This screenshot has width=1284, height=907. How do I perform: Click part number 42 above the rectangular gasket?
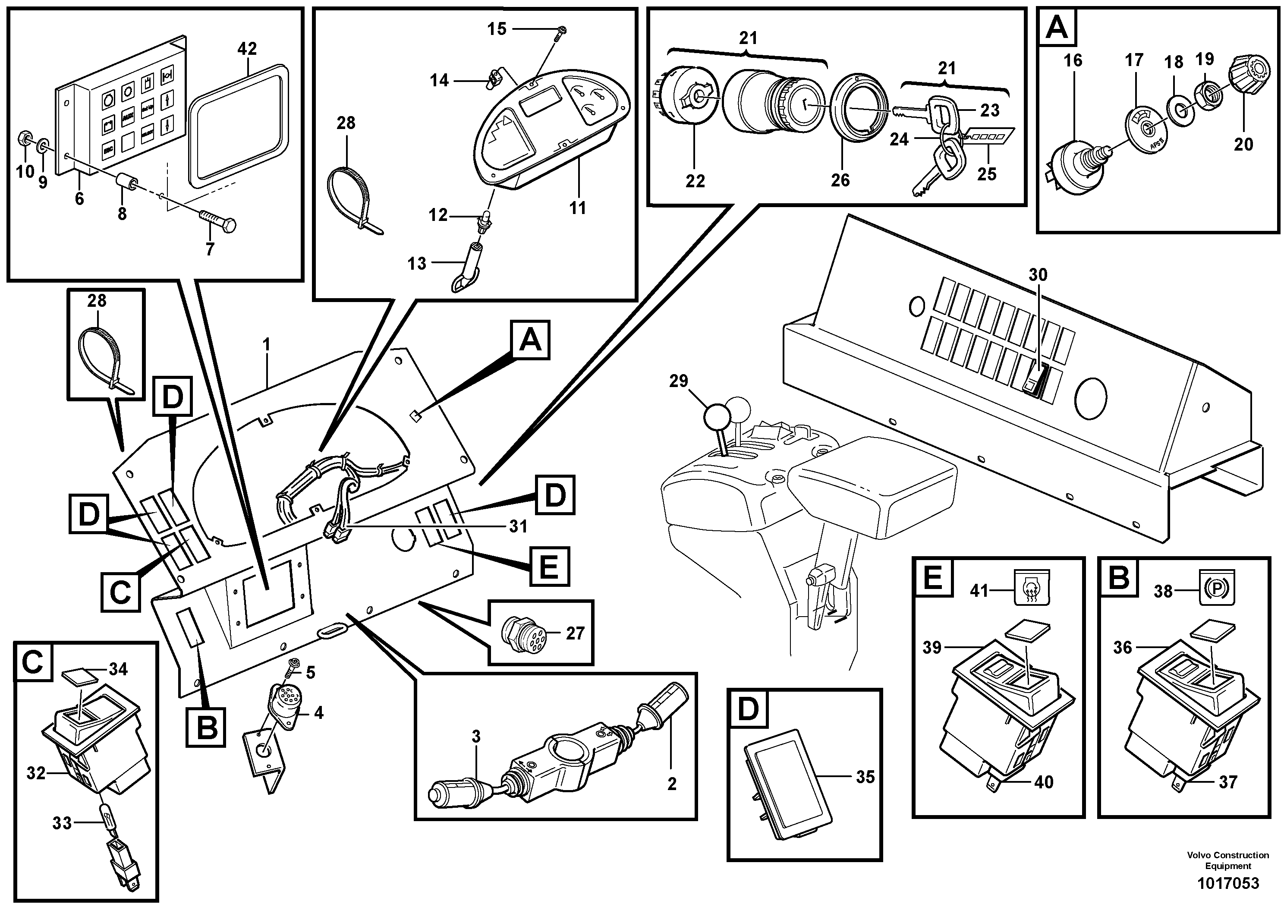pyautogui.click(x=247, y=49)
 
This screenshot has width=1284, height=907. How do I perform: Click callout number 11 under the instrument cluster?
pyautogui.click(x=577, y=208)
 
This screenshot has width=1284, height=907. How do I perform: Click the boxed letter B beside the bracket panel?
pyautogui.click(x=207, y=727)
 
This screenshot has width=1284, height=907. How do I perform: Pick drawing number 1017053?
pyautogui.click(x=1227, y=883)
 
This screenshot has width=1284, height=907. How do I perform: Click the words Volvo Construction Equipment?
pyautogui.click(x=1227, y=860)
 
